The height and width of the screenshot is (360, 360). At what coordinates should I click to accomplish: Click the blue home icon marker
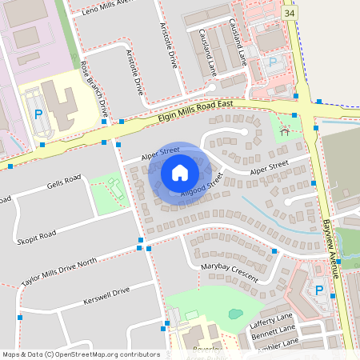[x=179, y=172]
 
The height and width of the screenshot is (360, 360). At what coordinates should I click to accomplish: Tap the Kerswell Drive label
[x=106, y=296]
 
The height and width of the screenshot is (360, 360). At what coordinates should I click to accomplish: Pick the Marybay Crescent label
[x=230, y=270]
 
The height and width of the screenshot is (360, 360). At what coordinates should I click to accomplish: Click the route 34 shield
[x=290, y=13]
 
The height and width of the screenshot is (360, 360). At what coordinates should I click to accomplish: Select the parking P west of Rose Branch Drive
[x=38, y=114]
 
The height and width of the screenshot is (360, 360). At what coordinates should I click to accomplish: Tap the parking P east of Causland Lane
[x=272, y=62]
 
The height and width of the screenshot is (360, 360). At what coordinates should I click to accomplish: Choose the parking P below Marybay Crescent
[x=319, y=290]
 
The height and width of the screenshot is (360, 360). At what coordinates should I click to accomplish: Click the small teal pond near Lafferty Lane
[x=235, y=314]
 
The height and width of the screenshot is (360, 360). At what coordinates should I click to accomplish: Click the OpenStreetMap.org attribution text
[x=80, y=354]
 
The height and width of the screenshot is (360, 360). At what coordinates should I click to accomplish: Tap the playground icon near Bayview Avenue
[x=286, y=132]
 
